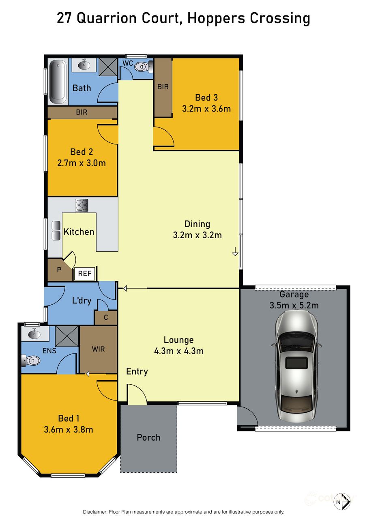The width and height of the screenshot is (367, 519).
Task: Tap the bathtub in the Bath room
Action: coord(58,81)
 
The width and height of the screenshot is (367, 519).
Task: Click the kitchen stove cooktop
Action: coord(82,205)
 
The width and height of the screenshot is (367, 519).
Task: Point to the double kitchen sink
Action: coord(56,230)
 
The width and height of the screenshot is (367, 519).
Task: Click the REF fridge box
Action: coord(85,273)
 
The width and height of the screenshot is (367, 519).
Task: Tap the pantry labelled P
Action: coord(59,269)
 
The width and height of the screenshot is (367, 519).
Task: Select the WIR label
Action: coord(99,349)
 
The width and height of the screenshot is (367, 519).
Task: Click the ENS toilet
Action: coord(32,360)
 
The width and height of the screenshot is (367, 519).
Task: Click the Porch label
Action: coord(148,437)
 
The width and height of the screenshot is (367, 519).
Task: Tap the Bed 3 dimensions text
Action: coord(207,108)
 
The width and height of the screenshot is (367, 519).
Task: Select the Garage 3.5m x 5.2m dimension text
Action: coord(294,305)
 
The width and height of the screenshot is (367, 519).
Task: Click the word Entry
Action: coord(137,371)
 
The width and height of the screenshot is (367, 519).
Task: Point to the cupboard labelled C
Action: coord(106,318)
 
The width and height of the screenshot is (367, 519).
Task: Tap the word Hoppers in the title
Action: coord(213,18)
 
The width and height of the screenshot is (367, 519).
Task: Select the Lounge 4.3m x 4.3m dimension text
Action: coord(179,351)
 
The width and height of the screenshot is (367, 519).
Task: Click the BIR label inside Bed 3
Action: coord(163,87)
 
